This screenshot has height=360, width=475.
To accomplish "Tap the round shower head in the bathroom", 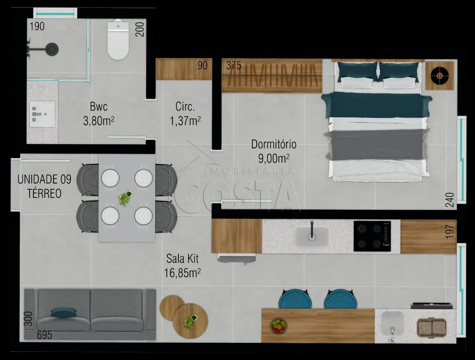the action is click(x=52, y=49).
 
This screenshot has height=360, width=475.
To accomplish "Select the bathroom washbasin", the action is click(x=42, y=114).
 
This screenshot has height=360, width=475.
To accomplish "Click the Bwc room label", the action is click(x=99, y=107).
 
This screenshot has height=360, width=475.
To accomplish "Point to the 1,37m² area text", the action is click(x=185, y=121).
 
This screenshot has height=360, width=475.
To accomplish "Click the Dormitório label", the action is click(x=274, y=144).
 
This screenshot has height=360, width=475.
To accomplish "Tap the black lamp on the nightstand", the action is click(x=439, y=75).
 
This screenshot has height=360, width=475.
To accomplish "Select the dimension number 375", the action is click(x=234, y=65).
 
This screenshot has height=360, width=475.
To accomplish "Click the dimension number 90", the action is click(x=202, y=65).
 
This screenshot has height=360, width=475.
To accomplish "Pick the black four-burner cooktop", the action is click(x=372, y=236).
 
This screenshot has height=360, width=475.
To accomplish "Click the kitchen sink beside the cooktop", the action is click(x=312, y=237).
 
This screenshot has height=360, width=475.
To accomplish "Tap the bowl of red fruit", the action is click(x=279, y=326).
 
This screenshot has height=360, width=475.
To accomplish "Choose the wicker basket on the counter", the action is click(x=432, y=328).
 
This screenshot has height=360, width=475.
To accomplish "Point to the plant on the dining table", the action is click(x=125, y=198).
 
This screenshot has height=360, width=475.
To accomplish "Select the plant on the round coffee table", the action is click(x=190, y=322).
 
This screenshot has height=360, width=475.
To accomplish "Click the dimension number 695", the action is click(x=45, y=335).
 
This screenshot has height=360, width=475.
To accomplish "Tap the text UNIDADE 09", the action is click(x=45, y=179).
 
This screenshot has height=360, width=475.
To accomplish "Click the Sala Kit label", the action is click(x=182, y=259).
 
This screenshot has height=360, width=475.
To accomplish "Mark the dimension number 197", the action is click(x=450, y=232).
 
